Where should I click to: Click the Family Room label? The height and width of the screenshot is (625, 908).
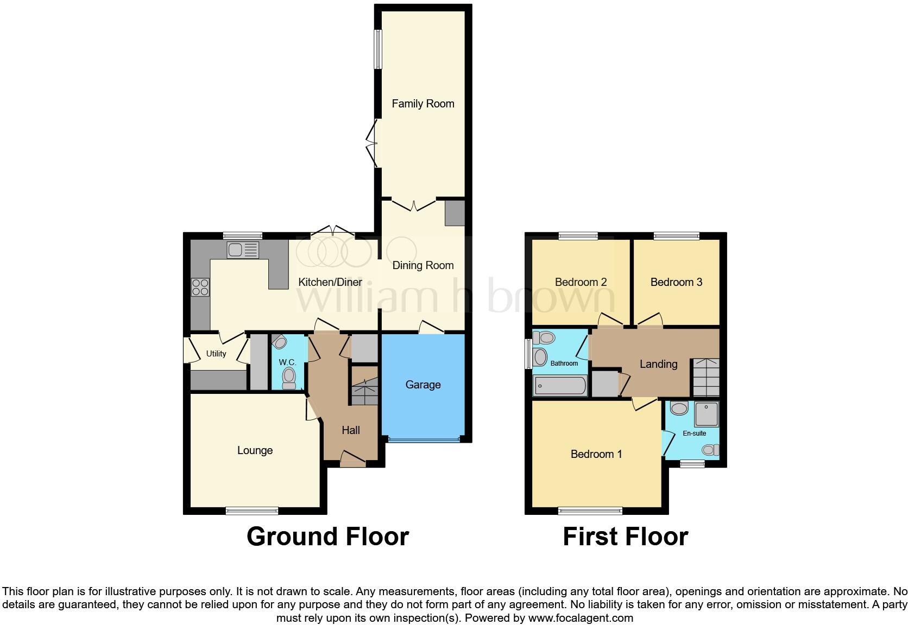point(423,104)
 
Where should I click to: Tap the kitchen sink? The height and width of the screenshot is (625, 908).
point(243,250)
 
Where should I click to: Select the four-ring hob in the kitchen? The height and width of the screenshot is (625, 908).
point(200,286)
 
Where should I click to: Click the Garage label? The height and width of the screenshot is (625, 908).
point(423,385)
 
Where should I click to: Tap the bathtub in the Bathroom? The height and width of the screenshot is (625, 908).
point(560,386)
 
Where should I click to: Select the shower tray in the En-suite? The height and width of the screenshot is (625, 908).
point(706,414)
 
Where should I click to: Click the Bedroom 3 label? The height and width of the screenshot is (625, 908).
point(676,282)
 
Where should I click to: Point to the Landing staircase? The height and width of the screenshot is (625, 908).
point(705,377)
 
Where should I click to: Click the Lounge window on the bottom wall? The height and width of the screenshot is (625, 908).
point(252,511)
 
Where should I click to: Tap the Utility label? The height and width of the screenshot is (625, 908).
point(216,354)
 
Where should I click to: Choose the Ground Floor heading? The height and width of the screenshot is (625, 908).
point(327,537)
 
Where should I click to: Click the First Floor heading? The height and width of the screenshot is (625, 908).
point(625,537)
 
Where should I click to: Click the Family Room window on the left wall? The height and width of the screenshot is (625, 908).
point(377,49)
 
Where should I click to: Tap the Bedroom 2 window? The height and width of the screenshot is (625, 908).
point(578,235)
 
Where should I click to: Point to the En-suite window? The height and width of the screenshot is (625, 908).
point(692,463)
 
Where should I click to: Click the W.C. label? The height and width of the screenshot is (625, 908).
point(287,362)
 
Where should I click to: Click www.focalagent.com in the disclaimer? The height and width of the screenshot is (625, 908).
point(581,617)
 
